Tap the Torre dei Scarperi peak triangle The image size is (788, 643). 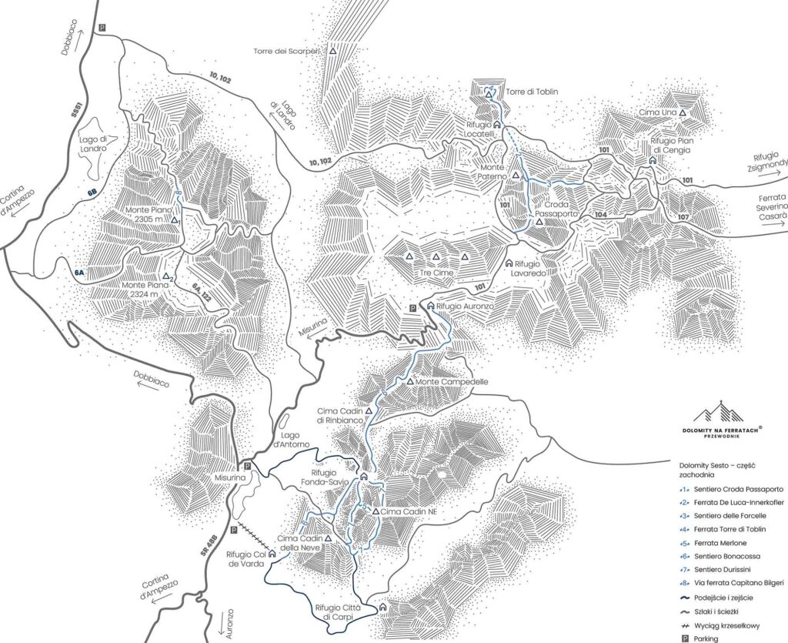[333, 52]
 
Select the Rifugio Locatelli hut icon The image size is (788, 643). [496, 123]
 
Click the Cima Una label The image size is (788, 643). [657, 112]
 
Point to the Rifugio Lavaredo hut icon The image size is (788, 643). [509, 263]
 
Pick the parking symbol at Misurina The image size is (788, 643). [247, 467]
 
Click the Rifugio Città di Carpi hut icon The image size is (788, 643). [383, 608]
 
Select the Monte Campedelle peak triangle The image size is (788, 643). [410, 382]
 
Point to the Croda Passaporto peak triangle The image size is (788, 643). [539, 222]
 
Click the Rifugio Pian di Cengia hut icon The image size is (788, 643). [652, 160]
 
